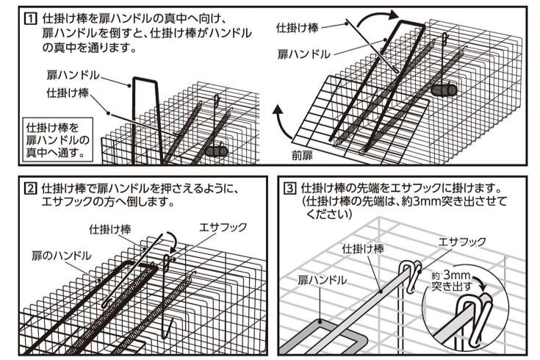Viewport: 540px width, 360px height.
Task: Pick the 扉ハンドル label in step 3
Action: click(323, 280)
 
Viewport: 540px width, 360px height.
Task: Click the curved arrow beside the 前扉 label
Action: click(279, 126)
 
